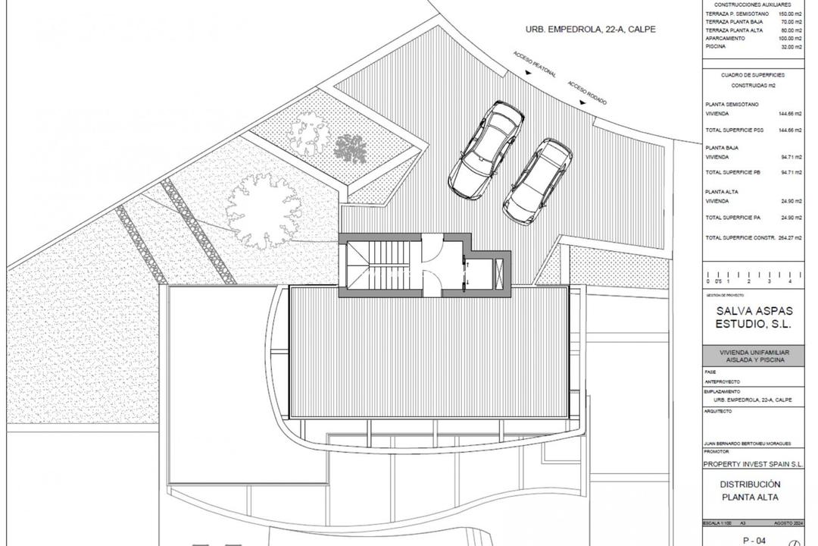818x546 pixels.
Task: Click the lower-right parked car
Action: (538, 180)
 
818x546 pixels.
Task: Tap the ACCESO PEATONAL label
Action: (535, 64)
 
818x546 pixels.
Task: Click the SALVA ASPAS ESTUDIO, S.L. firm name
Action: (753, 317)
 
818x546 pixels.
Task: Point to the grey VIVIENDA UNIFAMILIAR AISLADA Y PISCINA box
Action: (753, 356)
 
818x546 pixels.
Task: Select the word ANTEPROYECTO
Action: (723, 381)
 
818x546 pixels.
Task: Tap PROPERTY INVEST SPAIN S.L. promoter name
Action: (753, 463)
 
